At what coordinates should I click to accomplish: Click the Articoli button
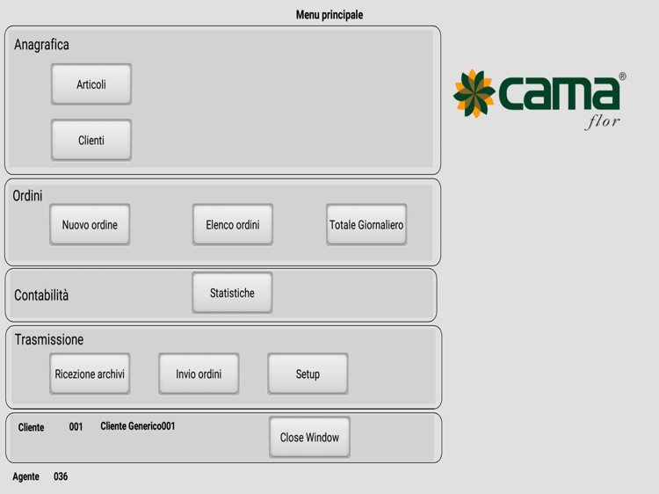91,84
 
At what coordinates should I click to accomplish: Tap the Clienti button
91,140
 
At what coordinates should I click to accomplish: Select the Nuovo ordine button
90,225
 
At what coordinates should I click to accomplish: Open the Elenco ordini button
233,225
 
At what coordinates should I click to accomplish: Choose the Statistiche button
232,293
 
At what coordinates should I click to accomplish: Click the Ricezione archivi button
90,374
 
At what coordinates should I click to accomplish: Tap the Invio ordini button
199,374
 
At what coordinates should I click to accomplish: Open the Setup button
308,374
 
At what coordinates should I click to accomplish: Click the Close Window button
309,437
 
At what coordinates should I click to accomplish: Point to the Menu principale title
329,15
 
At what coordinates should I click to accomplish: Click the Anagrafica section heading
41,45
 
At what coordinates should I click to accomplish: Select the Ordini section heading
27,196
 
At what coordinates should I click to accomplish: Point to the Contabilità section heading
41,295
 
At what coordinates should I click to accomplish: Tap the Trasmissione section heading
48,339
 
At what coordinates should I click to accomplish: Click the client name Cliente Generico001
137,426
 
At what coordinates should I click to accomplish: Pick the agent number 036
61,476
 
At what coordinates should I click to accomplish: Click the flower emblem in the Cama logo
474,93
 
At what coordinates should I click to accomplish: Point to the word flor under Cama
602,122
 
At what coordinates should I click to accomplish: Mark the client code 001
76,426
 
